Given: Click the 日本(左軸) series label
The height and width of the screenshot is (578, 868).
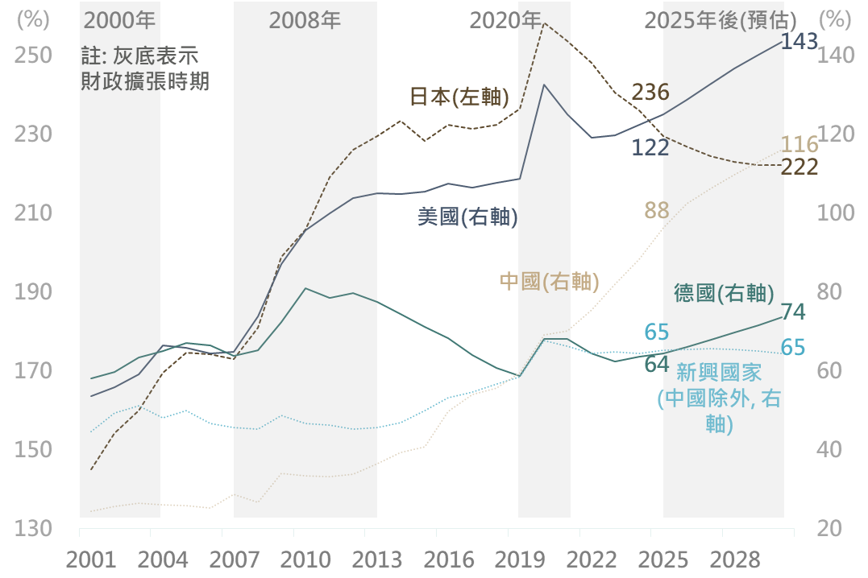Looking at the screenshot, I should click(459, 97).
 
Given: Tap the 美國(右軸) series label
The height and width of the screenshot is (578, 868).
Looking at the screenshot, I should click(467, 217).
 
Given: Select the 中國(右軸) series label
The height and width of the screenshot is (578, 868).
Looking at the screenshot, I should click(549, 281).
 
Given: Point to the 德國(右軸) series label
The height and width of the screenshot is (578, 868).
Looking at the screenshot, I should click(724, 293).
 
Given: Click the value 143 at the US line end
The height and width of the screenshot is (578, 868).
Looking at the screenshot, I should click(799, 42).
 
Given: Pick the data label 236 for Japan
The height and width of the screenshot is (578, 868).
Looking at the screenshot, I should click(650, 92).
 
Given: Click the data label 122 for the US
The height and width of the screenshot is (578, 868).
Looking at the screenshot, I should click(650, 147).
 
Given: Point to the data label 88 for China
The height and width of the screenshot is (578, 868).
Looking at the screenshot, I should click(657, 211).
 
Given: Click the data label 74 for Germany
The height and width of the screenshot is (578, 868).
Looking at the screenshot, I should click(793, 312).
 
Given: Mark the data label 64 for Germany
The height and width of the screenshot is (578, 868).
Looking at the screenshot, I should click(657, 364).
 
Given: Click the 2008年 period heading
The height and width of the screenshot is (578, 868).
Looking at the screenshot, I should click(305, 20).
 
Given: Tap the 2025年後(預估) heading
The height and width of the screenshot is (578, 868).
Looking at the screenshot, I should click(721, 20).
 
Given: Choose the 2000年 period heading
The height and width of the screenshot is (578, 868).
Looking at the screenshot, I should click(120, 20).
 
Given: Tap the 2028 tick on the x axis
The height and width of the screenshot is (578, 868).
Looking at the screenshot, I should click(722, 560).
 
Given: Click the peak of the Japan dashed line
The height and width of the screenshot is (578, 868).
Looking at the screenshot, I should click(544, 23).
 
